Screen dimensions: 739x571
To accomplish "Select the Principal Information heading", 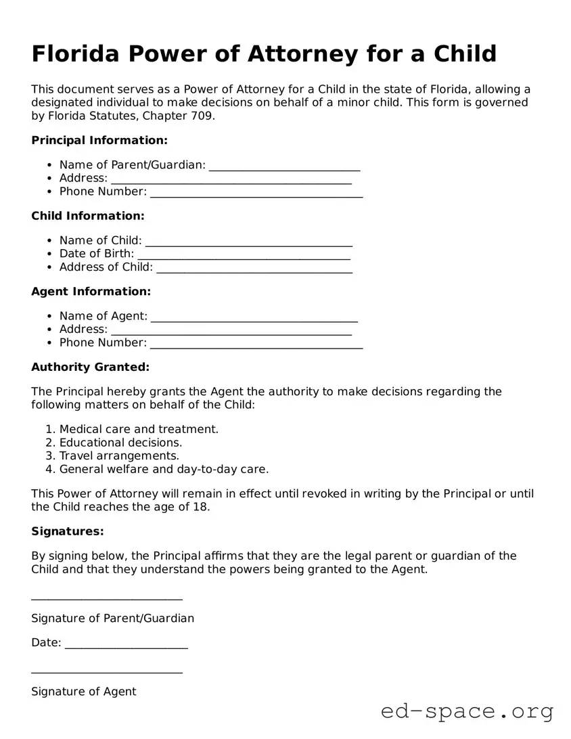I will (x=99, y=140).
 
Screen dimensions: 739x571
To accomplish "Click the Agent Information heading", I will (x=91, y=292).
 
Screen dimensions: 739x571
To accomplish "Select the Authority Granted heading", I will (x=90, y=367).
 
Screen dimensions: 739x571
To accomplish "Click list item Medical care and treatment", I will (x=139, y=429).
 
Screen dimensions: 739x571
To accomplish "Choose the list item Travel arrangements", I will (x=119, y=456).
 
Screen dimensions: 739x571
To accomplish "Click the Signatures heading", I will (x=67, y=532).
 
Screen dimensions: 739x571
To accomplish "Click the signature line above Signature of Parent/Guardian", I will (x=107, y=598).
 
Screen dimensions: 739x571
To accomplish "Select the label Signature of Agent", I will (x=83, y=692).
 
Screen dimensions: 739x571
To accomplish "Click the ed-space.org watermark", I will (x=467, y=711).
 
